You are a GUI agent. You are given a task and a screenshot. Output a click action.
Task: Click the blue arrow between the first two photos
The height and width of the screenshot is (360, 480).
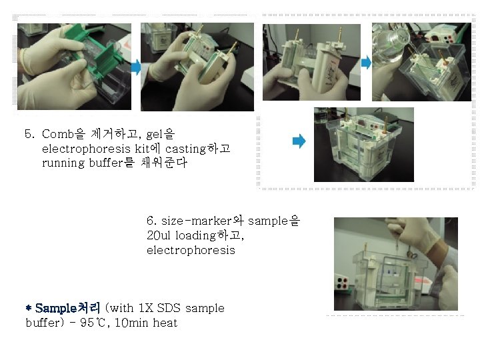click(x=135, y=67)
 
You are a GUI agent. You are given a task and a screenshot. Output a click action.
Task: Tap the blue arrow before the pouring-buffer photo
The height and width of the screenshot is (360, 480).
click(x=365, y=63)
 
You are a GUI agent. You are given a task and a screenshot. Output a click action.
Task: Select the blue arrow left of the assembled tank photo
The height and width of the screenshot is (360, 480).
click(x=299, y=141)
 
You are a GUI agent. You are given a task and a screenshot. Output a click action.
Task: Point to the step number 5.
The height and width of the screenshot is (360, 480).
click(x=29, y=135)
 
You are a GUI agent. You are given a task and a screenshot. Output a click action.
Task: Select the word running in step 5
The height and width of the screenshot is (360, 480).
click(x=63, y=163)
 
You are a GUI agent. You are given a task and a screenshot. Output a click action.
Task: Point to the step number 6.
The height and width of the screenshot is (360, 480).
click(x=151, y=221)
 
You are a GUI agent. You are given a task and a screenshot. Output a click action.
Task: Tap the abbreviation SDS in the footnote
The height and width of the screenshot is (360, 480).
click(x=170, y=308)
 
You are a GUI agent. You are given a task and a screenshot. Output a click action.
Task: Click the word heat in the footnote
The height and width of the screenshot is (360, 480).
click(x=165, y=323)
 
